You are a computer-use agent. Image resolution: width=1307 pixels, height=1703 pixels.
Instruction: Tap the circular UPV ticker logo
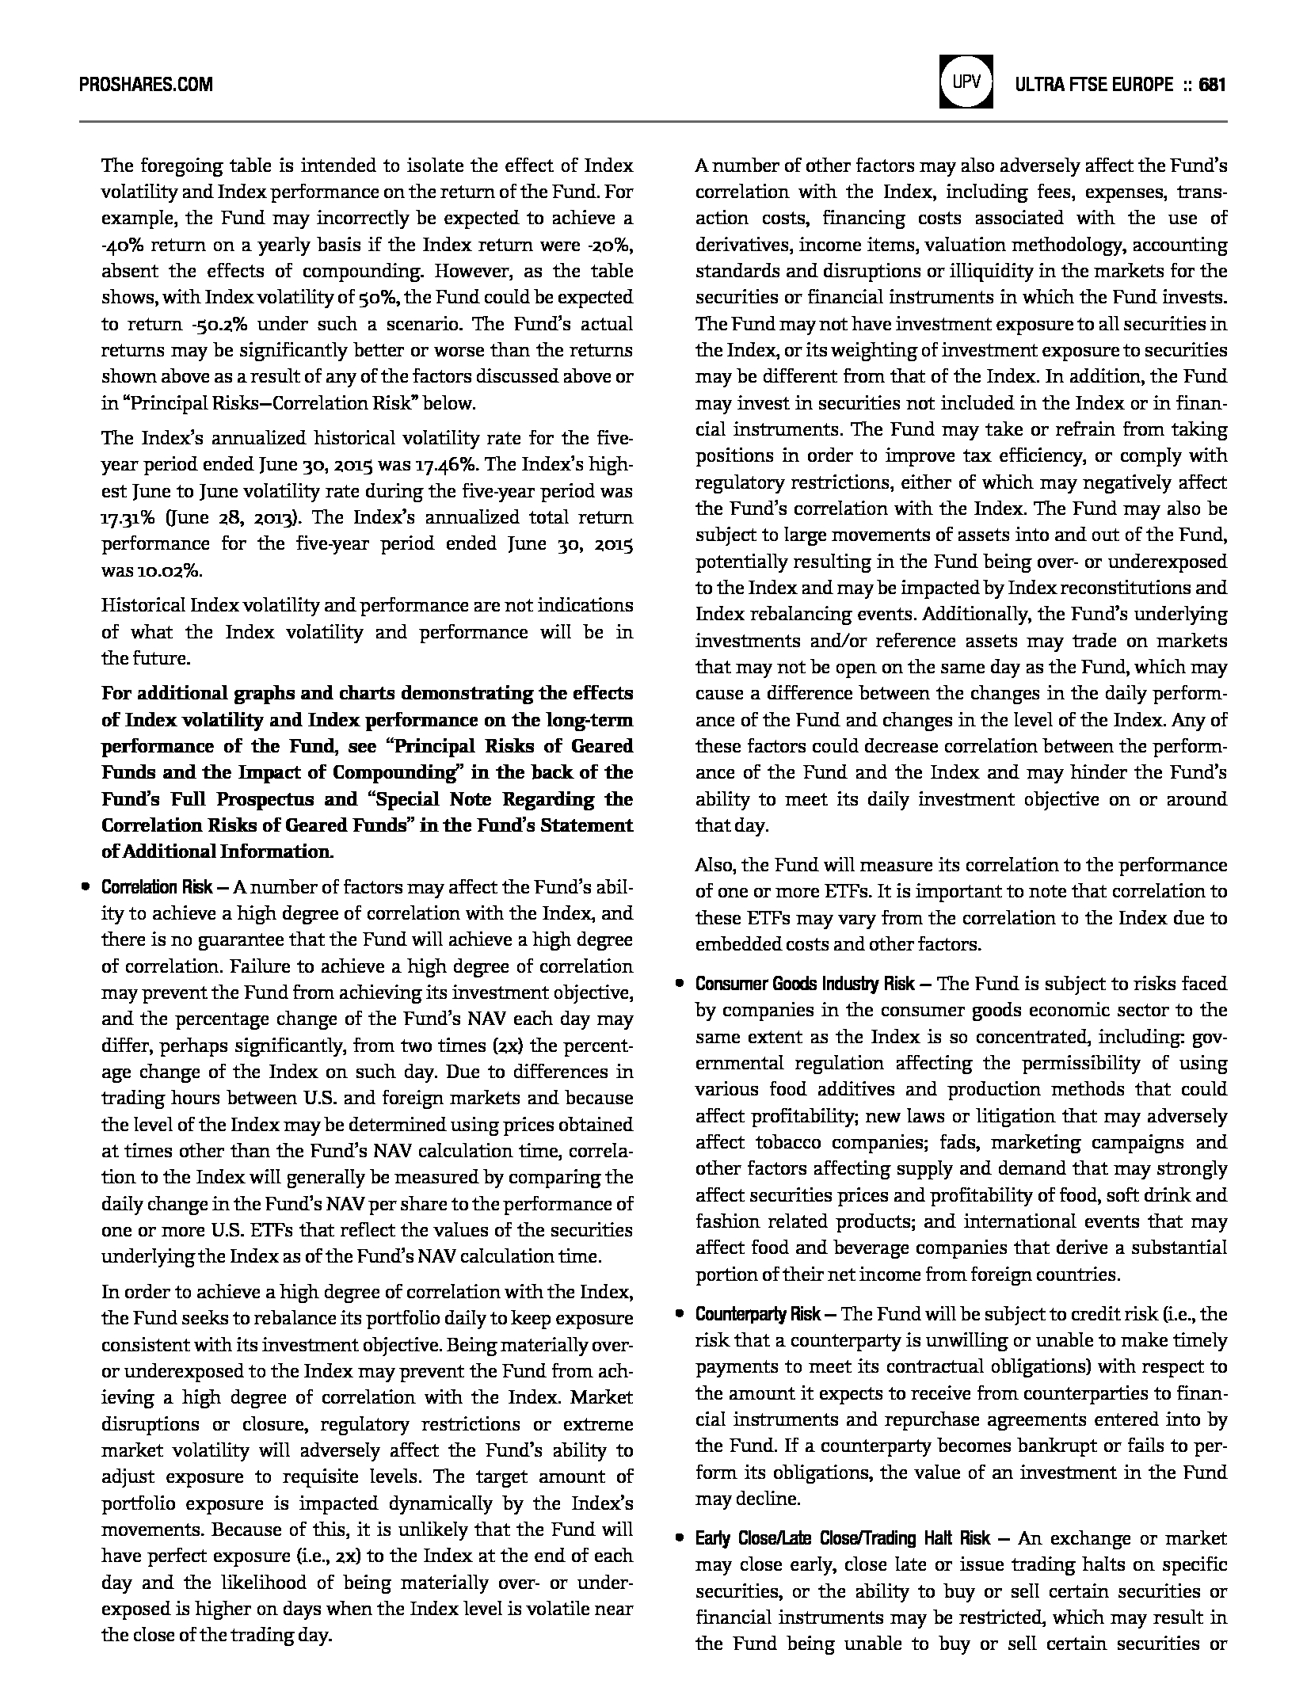[x=966, y=82]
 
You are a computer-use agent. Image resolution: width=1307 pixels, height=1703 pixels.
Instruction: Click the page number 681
[x=1213, y=84]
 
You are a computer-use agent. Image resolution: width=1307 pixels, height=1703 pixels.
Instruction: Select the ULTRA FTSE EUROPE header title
[x=1093, y=84]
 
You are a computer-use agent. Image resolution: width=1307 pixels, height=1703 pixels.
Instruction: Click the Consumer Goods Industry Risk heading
[x=805, y=984]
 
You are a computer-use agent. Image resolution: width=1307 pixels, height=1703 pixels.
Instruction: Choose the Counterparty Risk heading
[x=757, y=1314]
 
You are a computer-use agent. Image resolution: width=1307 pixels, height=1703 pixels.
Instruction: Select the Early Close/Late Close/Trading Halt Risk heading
[x=843, y=1538]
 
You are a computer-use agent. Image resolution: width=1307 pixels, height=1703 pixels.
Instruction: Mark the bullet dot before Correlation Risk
[x=85, y=887]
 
